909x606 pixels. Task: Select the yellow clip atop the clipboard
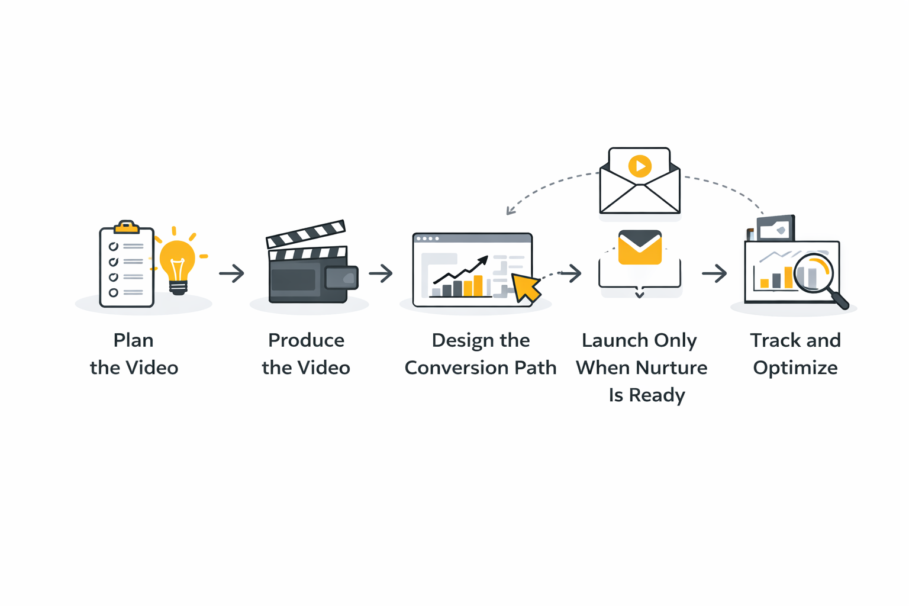click(126, 227)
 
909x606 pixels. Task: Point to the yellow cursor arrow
click(525, 287)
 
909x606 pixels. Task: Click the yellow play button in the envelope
click(640, 166)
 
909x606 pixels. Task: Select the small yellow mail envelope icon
click(640, 247)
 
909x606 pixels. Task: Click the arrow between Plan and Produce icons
click(231, 273)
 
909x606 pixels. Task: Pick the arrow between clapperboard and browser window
click(381, 273)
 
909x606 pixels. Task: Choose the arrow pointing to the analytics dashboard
click(714, 273)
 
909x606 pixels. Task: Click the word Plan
click(134, 340)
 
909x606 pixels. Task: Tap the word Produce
click(306, 340)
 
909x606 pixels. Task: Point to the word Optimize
click(795, 368)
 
